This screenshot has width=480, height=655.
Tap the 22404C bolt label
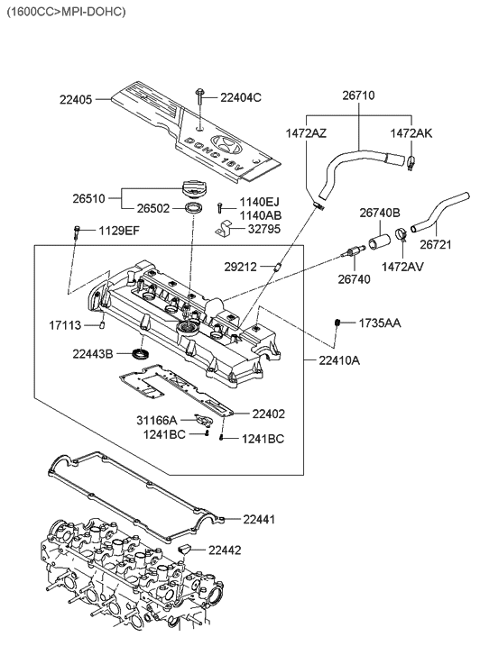[x=240, y=96]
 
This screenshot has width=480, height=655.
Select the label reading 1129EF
[x=119, y=231]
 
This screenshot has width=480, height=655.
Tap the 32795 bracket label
[x=265, y=229]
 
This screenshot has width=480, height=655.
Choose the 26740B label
[x=380, y=213]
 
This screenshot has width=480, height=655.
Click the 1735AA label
[x=380, y=322]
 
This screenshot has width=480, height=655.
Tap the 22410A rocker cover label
[x=338, y=360]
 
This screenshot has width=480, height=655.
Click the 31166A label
[x=157, y=419]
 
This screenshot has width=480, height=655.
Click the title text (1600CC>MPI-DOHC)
[x=66, y=12]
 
